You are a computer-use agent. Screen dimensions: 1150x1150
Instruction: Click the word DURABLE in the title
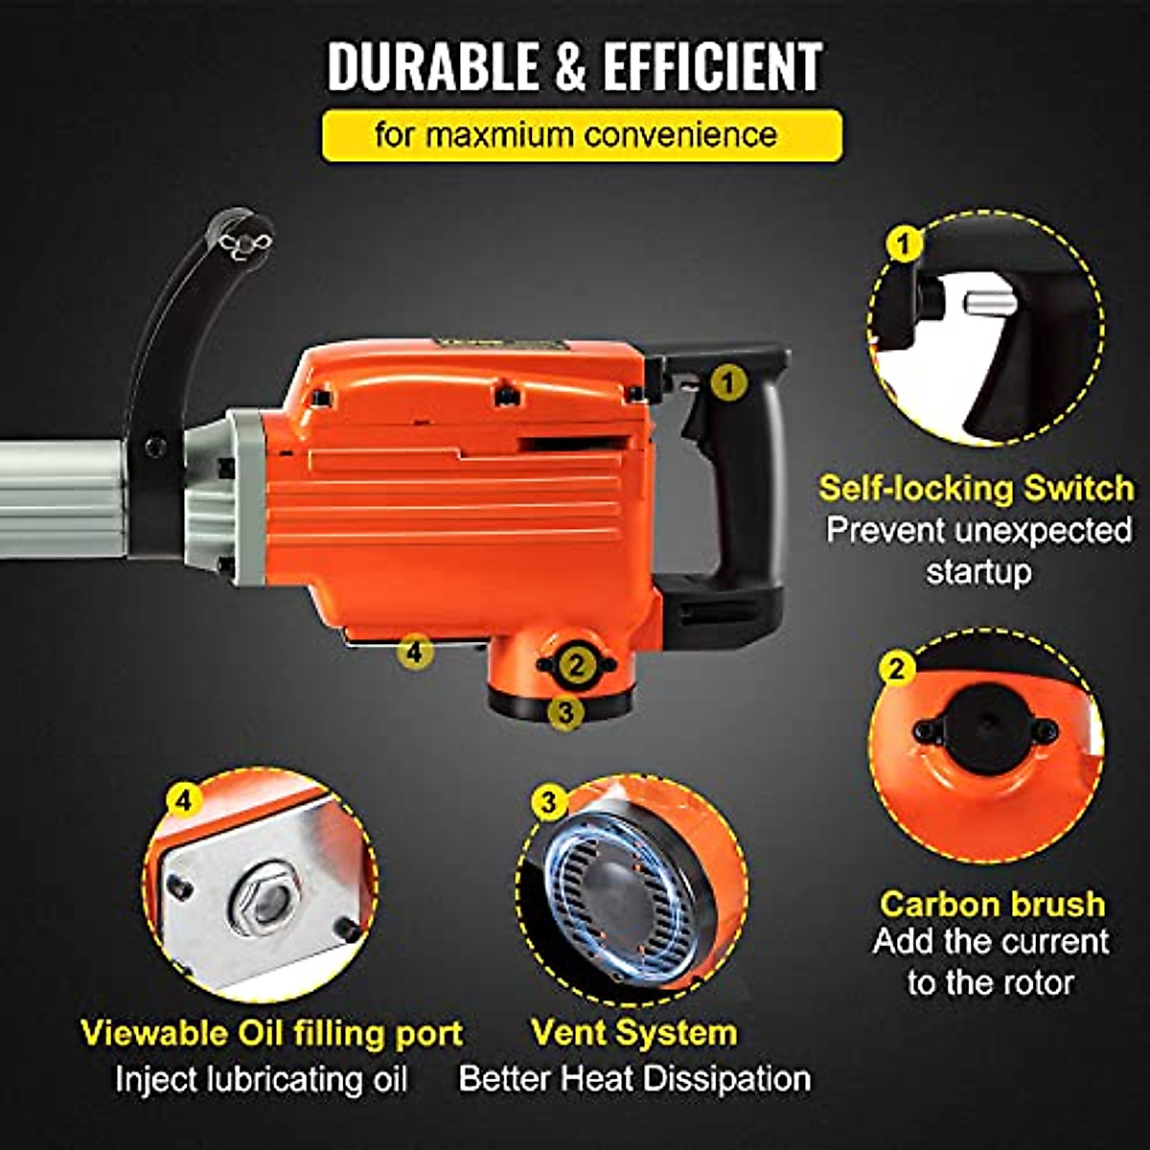(433, 67)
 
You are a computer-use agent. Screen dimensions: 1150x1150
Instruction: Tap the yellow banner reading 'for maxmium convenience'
(582, 135)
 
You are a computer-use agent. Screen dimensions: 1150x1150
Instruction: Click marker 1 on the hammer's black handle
(730, 383)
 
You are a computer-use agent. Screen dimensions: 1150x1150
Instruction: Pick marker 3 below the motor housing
(566, 712)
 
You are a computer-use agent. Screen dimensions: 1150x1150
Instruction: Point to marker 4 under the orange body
(414, 652)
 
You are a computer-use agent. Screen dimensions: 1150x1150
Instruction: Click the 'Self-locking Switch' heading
(977, 489)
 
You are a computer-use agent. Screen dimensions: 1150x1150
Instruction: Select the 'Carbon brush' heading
(992, 904)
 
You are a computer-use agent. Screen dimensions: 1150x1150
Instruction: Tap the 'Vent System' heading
(634, 1033)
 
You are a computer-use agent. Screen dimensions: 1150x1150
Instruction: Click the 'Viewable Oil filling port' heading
(271, 1033)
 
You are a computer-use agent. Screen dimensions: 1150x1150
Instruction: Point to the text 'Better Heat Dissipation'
(634, 1078)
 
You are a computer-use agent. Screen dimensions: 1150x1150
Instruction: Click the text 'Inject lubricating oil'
(261, 1079)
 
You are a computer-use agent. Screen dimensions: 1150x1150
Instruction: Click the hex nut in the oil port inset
(266, 899)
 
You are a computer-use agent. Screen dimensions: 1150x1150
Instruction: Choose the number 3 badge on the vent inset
(548, 801)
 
